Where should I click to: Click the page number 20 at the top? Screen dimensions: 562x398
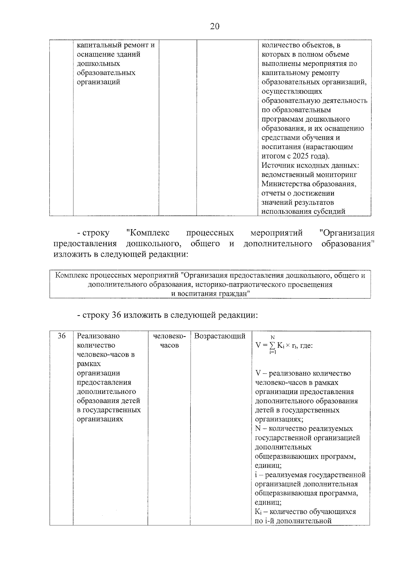215,26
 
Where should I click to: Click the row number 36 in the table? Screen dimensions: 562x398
61,336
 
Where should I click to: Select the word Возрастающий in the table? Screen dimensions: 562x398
220,336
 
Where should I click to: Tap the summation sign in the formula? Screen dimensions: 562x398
272,346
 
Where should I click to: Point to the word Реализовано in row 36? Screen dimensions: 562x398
98,336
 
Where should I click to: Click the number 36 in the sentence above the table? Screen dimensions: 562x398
115,315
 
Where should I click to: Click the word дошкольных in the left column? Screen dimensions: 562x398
98,64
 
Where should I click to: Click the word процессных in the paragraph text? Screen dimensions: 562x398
210,233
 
